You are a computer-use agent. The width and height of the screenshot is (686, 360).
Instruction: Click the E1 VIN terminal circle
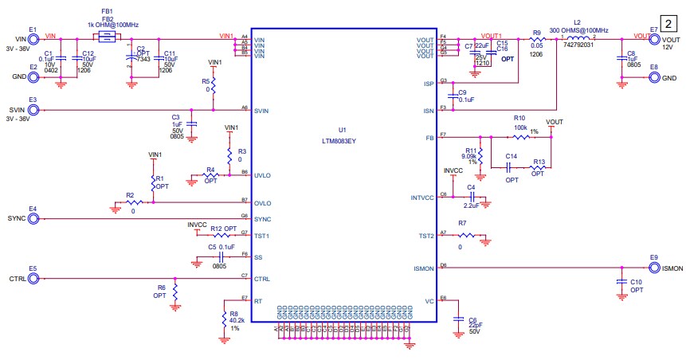click(33, 37)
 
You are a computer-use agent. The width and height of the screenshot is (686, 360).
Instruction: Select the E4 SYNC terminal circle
click(33, 217)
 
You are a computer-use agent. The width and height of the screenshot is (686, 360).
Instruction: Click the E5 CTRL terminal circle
click(33, 278)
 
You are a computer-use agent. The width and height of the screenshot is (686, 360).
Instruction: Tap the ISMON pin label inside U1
click(424, 268)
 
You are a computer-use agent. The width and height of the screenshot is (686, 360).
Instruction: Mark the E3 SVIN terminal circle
click(33, 109)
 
